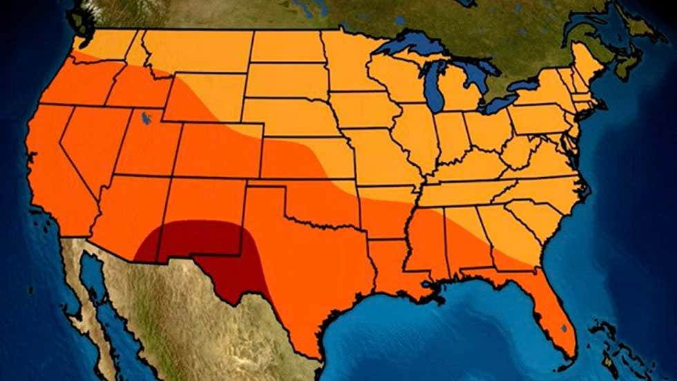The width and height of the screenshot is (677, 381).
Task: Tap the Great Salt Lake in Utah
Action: [x=146, y=119]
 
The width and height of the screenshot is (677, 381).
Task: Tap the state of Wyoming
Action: [x=204, y=97]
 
